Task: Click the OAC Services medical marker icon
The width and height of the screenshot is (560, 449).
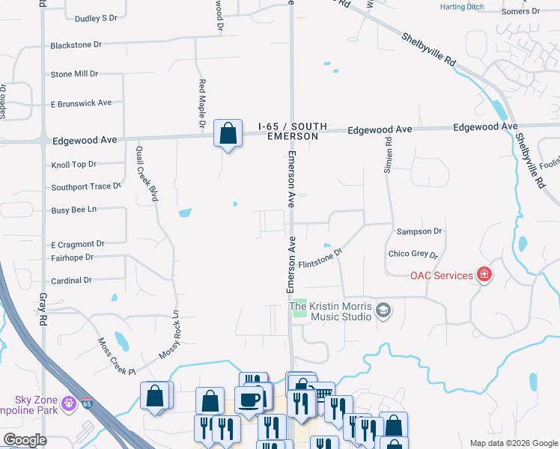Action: pos(484,275)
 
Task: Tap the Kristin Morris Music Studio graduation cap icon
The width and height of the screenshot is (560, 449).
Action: pos(383,311)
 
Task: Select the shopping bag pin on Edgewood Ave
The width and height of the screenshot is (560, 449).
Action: pos(228,135)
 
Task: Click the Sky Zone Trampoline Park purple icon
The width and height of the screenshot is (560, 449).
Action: pos(69,404)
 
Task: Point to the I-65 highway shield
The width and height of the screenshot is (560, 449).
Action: pos(88,404)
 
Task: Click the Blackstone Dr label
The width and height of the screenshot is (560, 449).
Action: pos(76,45)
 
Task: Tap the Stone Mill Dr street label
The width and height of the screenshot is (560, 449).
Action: pos(74,74)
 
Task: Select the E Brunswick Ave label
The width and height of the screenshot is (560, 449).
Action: pos(81,103)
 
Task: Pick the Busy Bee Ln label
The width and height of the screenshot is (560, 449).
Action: pos(73,210)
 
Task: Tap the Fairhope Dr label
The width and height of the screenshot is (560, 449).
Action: pos(72,257)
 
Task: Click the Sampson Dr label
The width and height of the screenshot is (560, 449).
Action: pos(419,232)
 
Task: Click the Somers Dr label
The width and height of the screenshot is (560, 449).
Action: pos(520,11)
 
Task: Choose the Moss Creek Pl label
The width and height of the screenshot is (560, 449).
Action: pos(116,356)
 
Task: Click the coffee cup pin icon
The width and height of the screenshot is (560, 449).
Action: pos(249,400)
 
